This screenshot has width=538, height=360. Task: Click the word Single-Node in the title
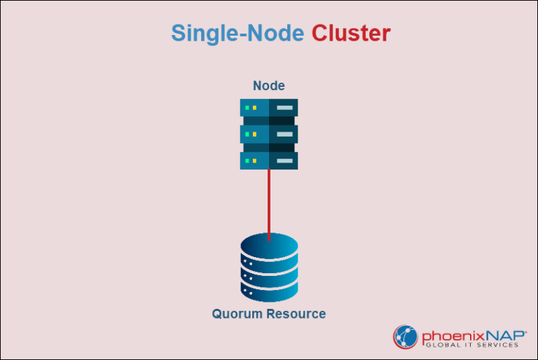pyautogui.click(x=237, y=34)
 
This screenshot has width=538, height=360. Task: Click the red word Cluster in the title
pyautogui.click(x=351, y=34)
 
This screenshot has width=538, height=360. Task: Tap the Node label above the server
pyautogui.click(x=269, y=85)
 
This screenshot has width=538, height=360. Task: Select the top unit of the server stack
pyautogui.click(x=269, y=108)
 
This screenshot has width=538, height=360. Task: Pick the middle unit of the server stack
pyautogui.click(x=269, y=134)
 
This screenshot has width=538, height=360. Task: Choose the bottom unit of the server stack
pyautogui.click(x=269, y=160)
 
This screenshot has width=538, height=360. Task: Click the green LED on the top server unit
pyautogui.click(x=247, y=108)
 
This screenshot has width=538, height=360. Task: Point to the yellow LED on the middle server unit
pyautogui.click(x=254, y=134)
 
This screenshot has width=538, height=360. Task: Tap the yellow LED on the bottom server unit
pyautogui.click(x=254, y=160)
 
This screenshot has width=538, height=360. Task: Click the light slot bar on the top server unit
pyautogui.click(x=284, y=108)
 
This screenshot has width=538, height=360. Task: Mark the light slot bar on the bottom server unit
pyautogui.click(x=284, y=160)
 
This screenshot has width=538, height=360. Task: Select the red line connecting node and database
pyautogui.click(x=269, y=203)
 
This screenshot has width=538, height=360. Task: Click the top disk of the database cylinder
pyautogui.click(x=269, y=247)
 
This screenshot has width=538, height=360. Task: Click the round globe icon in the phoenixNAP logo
pyautogui.click(x=405, y=336)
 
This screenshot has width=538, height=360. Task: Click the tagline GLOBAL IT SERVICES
pyautogui.click(x=470, y=344)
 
